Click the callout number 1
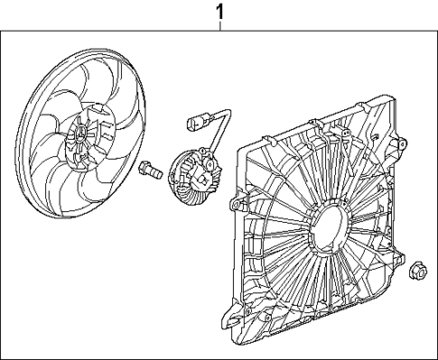pos(219,12)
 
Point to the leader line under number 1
pos(219,27)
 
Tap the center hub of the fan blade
pos(79,137)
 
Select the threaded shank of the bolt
pos(155,169)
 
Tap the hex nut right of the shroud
pos(418,267)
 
